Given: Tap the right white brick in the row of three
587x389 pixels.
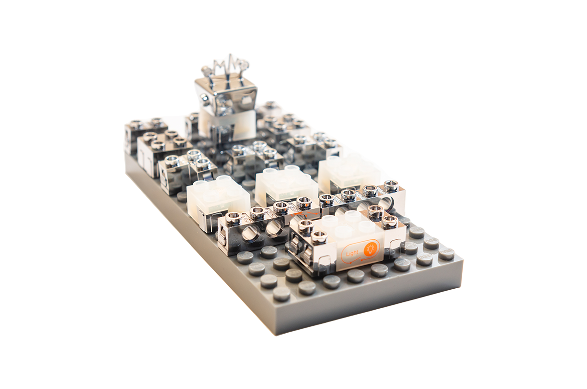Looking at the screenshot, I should tap(348, 172).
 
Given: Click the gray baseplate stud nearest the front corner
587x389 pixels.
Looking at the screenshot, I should tap(281, 294).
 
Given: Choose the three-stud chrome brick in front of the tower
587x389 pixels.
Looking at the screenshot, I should tap(254, 157).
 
